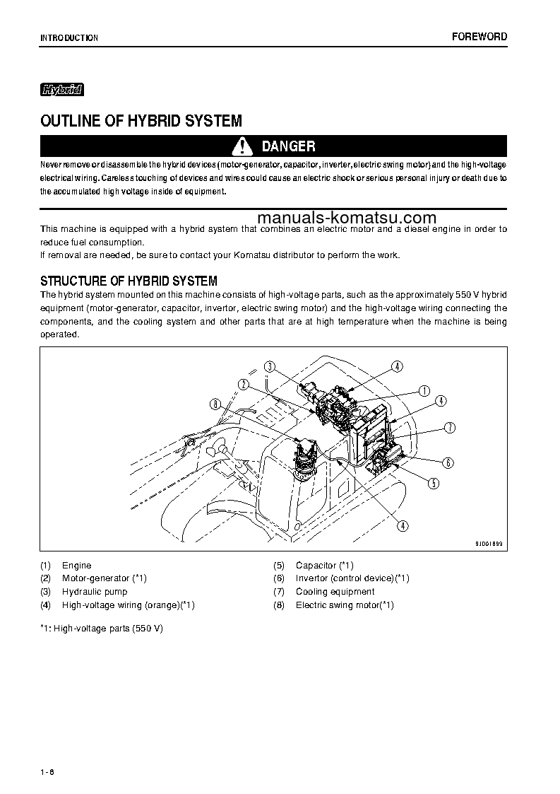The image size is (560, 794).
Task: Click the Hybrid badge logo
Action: (62, 90)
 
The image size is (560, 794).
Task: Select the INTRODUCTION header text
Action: (69, 38)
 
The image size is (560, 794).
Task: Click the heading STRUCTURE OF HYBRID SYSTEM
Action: (129, 281)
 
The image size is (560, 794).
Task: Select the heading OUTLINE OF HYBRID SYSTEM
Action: (141, 121)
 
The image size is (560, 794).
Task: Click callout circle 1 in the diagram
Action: (424, 390)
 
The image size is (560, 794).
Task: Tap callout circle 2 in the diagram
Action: (244, 384)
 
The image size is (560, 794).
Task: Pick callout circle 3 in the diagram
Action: (270, 366)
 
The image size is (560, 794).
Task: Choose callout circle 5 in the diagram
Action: (434, 484)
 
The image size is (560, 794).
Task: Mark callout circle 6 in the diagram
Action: (448, 463)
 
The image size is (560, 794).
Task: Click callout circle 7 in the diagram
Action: (449, 427)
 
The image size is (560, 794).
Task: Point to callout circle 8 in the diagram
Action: (215, 404)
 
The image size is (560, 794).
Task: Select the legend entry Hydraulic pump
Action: (94, 592)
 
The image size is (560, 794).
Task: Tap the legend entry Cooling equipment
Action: (335, 592)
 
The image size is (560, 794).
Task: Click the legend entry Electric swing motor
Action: (344, 605)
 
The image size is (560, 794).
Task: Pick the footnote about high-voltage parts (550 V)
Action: (102, 629)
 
